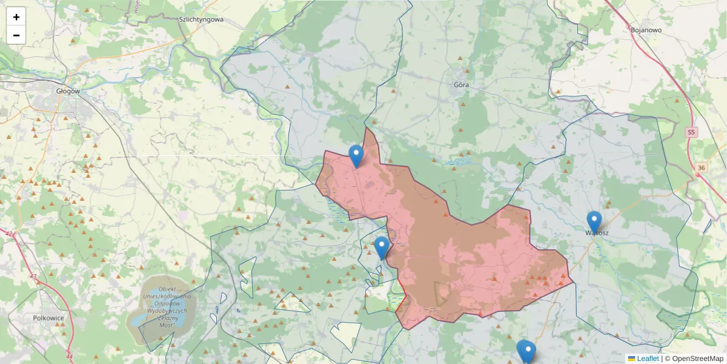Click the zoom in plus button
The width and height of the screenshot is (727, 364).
point(16,17)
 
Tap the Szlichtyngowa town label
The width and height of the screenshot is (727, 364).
point(201,19)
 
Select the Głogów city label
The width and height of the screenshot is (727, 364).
point(68,91)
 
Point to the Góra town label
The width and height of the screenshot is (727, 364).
point(461,85)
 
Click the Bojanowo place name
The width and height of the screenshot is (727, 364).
point(646,30)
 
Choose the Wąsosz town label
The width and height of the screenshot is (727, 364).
point(597,233)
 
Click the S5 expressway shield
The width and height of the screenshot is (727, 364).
point(692,132)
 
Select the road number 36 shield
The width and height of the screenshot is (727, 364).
point(701,167)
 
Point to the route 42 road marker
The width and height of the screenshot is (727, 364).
point(8,233)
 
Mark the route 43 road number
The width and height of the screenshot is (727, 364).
point(33,277)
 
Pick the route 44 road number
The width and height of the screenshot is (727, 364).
point(69,356)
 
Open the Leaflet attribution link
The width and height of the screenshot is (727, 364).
point(648,359)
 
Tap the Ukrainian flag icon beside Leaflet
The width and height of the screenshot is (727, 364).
point(631,359)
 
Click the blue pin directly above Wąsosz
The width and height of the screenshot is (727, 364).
point(594,221)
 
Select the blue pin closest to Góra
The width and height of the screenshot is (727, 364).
point(356,155)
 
